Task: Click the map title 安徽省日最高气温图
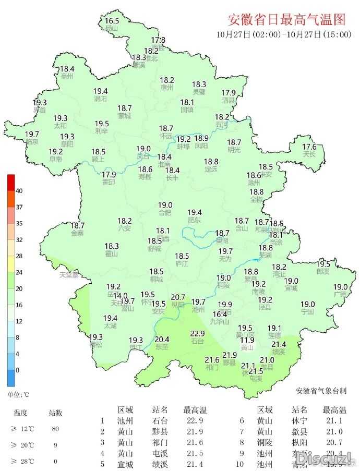[287, 20]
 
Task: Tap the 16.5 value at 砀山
[112, 21]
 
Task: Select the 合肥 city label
[164, 213]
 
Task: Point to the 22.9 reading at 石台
[197, 334]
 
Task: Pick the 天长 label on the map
[309, 154]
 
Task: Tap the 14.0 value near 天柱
[121, 296]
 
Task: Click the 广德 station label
[341, 295]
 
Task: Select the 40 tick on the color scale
[19, 191]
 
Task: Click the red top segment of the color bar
[11, 182]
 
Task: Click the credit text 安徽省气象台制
[321, 390]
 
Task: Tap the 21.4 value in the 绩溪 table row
[194, 464]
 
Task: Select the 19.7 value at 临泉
[32, 134]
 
